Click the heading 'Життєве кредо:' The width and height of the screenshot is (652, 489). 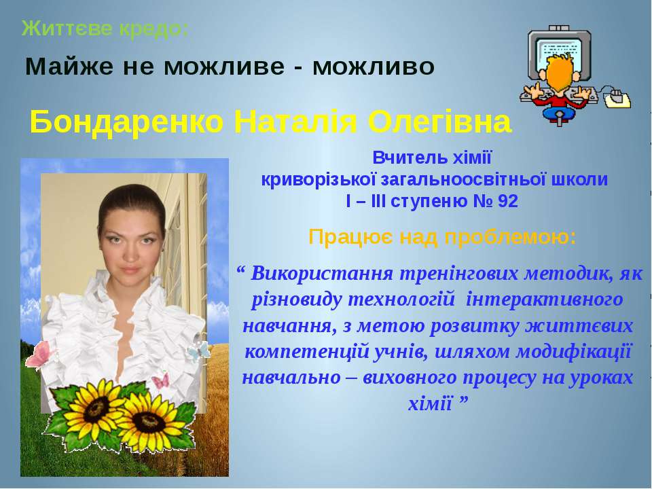point(105,29)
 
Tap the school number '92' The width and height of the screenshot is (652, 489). point(507,201)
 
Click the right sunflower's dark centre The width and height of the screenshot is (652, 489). point(152,421)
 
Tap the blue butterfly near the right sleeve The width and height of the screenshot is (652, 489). point(198,351)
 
